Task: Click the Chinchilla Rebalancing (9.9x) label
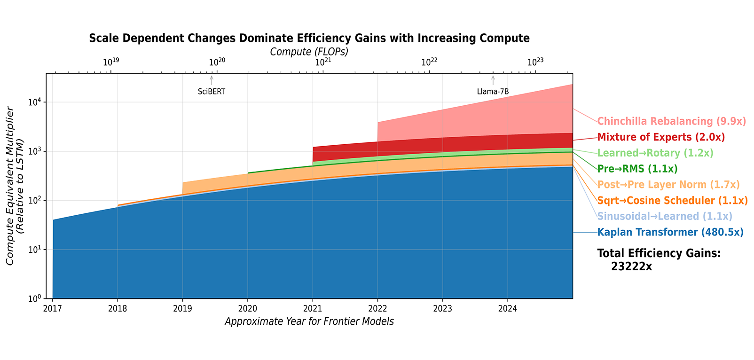tap(671, 121)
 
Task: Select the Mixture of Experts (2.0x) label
tap(661, 137)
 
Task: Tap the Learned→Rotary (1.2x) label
tap(655, 153)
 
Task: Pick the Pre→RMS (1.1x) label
tap(637, 169)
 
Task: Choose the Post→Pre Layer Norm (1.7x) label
tap(668, 185)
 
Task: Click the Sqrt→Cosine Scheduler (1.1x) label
tap(672, 201)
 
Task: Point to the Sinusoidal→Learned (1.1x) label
tap(665, 217)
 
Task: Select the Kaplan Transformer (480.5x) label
tap(670, 232)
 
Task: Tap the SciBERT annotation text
tap(212, 92)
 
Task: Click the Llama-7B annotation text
tap(493, 92)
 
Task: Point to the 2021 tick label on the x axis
tap(313, 309)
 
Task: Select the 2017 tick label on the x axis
tap(53, 309)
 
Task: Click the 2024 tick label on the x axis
tap(508, 309)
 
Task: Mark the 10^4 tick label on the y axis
tap(35, 102)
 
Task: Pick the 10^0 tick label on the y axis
tap(35, 298)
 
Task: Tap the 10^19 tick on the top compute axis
tap(111, 62)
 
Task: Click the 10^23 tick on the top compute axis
tap(535, 62)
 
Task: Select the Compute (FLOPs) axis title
tap(309, 52)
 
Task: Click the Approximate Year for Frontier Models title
tap(309, 321)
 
